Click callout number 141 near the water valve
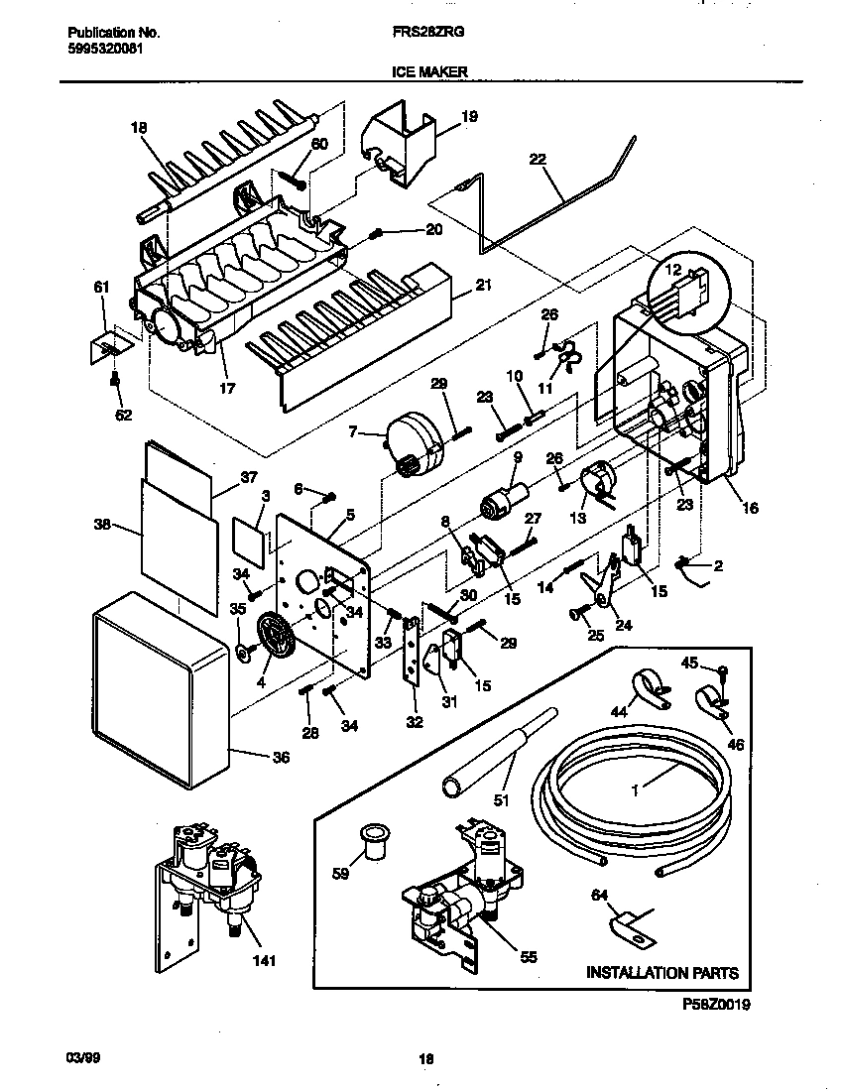pyautogui.click(x=263, y=960)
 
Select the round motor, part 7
pyautogui.click(x=416, y=441)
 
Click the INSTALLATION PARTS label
pyautogui.click(x=662, y=973)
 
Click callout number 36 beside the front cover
pyautogui.click(x=282, y=758)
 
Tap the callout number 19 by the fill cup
pyautogui.click(x=469, y=116)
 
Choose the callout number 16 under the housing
pyautogui.click(x=750, y=508)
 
